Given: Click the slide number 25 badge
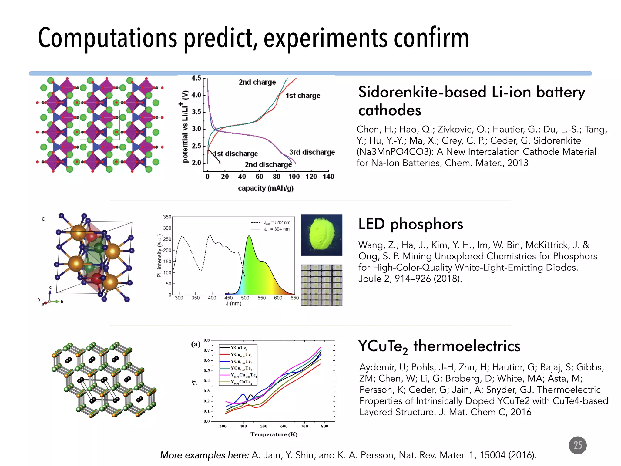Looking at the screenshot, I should click(577, 445).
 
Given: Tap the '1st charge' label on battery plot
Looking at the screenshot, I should click(303, 96).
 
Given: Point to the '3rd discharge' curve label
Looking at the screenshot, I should click(312, 152).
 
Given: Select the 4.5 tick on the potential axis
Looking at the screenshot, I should click(196, 78).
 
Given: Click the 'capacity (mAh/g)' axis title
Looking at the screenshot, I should click(266, 188).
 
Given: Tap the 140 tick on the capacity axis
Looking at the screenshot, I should click(328, 177).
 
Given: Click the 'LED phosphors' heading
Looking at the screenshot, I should click(411, 224).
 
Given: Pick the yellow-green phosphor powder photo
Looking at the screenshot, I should click(321, 235).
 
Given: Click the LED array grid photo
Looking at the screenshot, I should click(321, 285).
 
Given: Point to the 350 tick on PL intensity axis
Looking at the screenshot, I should click(167, 217).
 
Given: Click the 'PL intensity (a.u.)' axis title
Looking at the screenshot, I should click(159, 255).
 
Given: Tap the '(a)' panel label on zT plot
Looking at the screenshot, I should click(196, 344).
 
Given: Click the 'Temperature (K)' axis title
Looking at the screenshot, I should click(274, 434).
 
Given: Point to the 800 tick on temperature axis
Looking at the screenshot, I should click(324, 426).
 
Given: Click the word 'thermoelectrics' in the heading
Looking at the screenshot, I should click(467, 346).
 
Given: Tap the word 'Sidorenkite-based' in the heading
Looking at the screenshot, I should click(422, 92).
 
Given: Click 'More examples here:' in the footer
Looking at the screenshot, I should click(204, 455).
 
